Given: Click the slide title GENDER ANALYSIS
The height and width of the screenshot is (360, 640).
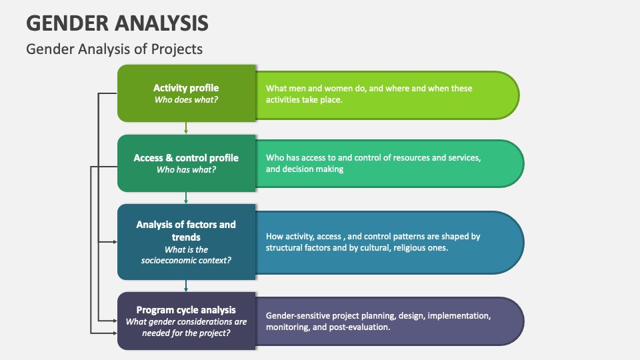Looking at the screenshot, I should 117,23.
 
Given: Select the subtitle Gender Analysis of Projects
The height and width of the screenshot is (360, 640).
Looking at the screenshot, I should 114,49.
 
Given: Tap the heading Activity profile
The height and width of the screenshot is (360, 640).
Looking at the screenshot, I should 186,88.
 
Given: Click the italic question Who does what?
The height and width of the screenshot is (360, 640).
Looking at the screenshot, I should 186,100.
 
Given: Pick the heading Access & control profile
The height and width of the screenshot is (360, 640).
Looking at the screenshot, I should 186,158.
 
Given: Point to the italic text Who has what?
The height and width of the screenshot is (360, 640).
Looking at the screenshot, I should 186,170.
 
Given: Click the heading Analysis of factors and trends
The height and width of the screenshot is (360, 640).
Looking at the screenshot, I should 186,231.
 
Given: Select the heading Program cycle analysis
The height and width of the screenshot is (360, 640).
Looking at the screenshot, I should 186,309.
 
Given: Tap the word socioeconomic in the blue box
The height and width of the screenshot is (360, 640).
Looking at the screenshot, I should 169,260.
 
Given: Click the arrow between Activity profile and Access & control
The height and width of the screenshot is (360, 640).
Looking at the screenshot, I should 186,128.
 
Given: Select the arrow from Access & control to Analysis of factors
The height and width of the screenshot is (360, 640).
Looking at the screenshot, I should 186,197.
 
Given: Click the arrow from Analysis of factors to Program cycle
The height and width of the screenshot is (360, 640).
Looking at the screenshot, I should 186,285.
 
